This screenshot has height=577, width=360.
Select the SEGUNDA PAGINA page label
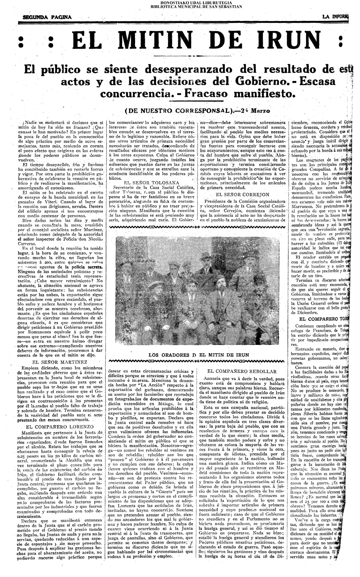[x=47, y=17]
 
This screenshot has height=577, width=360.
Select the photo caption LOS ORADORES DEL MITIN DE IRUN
[x=199, y=355]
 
